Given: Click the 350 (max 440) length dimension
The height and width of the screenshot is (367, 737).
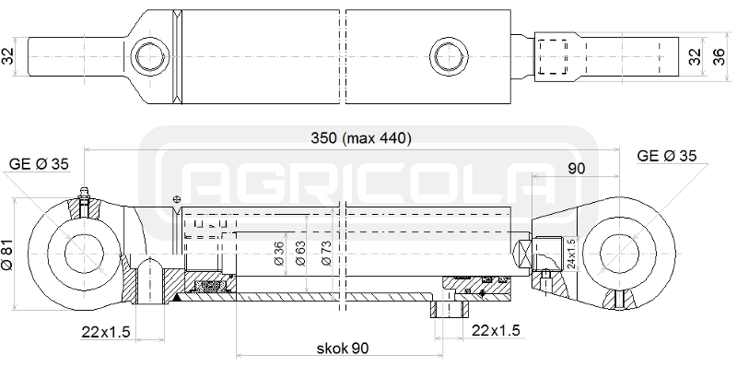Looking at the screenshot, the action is [x=361, y=138].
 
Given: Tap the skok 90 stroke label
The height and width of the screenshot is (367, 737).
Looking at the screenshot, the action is [x=343, y=349].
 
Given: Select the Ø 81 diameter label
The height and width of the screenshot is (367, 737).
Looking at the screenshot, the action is [x=7, y=254].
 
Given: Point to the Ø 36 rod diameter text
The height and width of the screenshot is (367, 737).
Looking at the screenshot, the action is [x=279, y=254].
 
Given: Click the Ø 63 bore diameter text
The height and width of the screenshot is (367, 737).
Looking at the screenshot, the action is [x=300, y=254].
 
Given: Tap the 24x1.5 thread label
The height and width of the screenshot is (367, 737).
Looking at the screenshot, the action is [x=571, y=254].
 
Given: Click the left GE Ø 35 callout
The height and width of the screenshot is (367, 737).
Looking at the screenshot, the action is [x=39, y=164].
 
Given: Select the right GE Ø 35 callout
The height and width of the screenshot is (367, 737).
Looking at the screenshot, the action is [x=666, y=156].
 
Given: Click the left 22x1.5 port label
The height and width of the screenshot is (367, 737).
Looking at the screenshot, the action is [x=105, y=332].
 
